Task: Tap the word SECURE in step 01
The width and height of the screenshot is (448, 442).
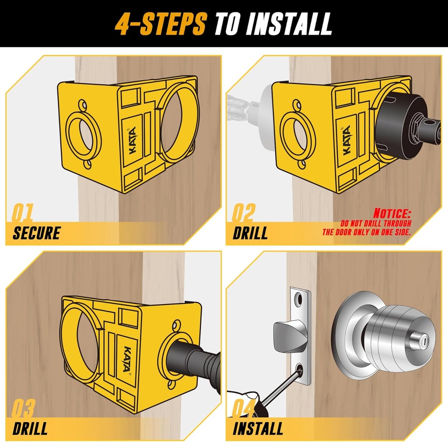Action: [36, 233]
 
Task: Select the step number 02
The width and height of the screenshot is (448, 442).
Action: [243, 213]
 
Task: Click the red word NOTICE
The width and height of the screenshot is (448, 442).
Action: [392, 214]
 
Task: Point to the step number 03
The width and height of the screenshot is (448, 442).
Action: [23, 409]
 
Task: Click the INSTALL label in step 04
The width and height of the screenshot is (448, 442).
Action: [258, 428]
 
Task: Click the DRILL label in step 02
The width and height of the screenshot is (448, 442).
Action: [250, 233]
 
